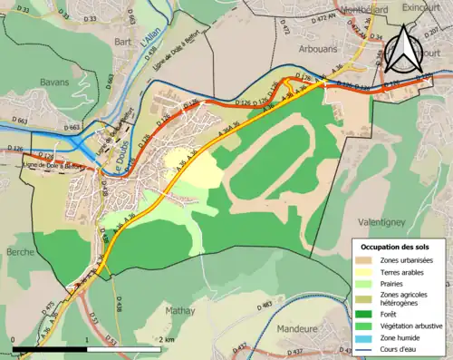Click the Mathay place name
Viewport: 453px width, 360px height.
(180, 311)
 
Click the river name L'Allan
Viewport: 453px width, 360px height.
(150, 42)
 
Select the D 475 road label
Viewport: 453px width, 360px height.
(49, 309)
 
